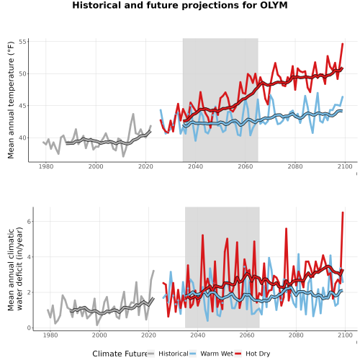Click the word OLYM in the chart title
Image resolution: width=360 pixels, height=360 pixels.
274,5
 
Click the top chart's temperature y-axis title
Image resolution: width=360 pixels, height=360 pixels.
11,100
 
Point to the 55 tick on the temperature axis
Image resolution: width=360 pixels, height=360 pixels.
22,42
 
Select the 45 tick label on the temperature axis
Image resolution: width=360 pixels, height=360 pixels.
22,106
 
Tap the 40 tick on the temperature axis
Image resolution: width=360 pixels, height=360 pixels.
22,138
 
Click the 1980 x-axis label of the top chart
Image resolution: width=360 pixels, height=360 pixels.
46,166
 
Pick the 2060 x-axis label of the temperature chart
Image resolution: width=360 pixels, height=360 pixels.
246,166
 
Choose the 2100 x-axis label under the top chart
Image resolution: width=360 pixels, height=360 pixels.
345,166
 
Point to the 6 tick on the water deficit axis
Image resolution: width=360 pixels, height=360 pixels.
29,221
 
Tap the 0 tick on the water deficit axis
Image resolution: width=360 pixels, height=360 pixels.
29,328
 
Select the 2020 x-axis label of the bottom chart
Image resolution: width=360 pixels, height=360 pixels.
148,335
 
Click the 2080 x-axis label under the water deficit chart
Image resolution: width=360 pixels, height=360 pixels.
296,335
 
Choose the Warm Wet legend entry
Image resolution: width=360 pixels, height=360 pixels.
211,354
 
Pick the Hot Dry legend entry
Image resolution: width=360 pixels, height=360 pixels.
252,354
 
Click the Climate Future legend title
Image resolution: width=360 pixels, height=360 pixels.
120,354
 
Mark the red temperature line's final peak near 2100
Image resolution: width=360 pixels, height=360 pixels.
343,44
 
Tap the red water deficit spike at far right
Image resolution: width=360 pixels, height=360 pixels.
343,212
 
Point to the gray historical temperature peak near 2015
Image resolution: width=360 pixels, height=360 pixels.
133,114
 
